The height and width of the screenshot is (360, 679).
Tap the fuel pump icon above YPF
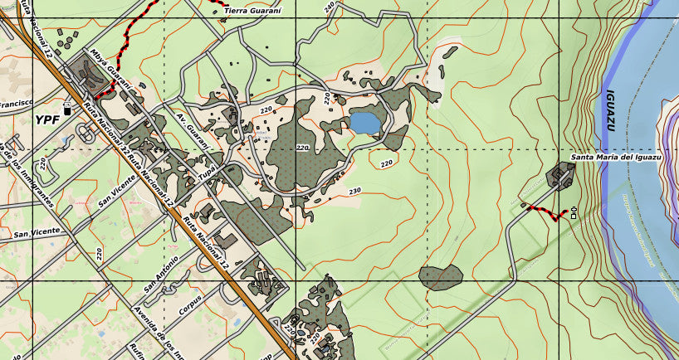pyautogui.click(x=67, y=108)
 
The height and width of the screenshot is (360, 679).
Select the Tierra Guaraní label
pyautogui.click(x=253, y=9)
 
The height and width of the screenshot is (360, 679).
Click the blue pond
pyautogui.click(x=365, y=123)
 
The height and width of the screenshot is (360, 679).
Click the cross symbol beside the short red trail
pyautogui.click(x=574, y=213)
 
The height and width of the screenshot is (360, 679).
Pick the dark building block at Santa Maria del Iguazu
pyautogui.click(x=562, y=175)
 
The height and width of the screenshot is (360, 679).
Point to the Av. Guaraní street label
pyautogui.click(x=193, y=133)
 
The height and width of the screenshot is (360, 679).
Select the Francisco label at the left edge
pyautogui.click(x=15, y=104)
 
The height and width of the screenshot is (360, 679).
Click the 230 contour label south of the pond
pyautogui.click(x=355, y=191)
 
